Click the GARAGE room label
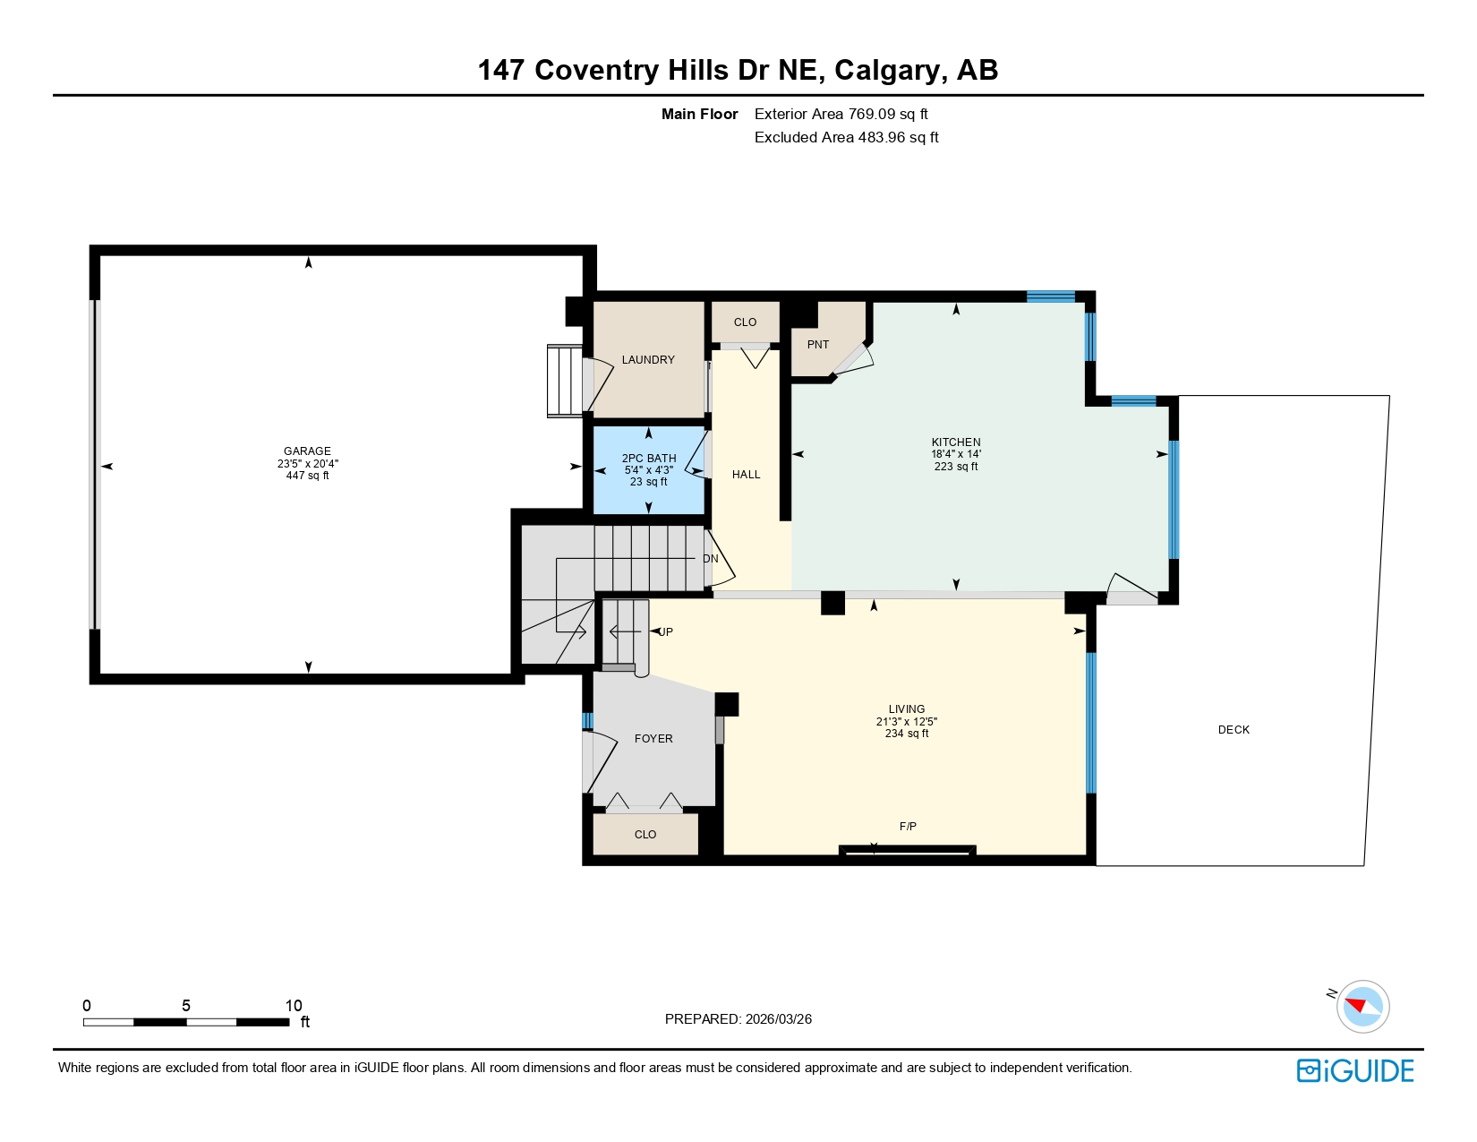tap(307, 451)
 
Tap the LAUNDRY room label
tap(648, 360)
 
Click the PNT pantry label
tap(817, 345)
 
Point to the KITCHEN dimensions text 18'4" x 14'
tap(955, 454)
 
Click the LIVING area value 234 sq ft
tap(906, 734)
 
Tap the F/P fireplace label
tap(908, 827)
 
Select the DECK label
tap(1233, 730)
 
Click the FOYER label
tap(653, 739)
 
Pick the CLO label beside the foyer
tap(645, 835)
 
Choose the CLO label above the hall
tap(745, 322)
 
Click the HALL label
tap(746, 475)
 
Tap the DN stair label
tap(711, 559)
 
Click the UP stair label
tap(665, 632)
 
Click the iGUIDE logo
tap(1354, 1071)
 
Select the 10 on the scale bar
tap(294, 1006)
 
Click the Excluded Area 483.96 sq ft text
tap(846, 137)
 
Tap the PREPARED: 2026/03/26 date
tap(738, 1019)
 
